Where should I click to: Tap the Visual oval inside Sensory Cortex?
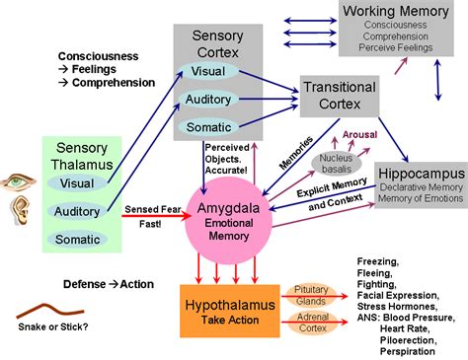(207, 71)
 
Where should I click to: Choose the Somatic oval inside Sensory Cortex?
(208, 127)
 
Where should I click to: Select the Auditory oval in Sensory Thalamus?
(77, 211)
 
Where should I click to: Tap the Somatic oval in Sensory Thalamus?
(77, 239)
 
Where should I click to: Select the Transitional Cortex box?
(340, 96)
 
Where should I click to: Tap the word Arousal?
(359, 135)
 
